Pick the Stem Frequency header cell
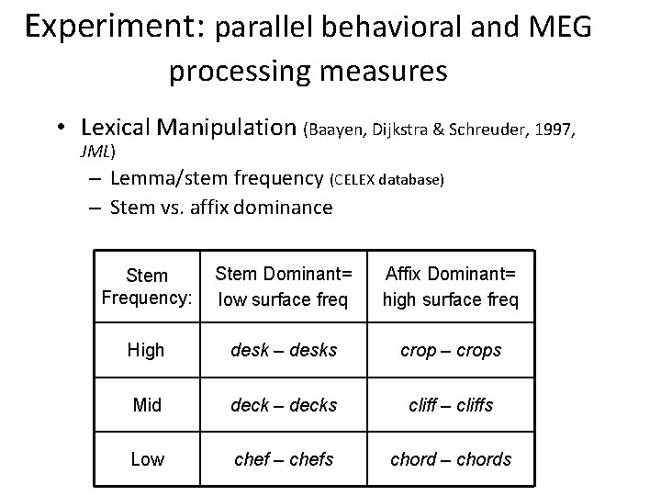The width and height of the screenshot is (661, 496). pos(148,286)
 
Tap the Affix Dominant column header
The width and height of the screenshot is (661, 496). pos(450,286)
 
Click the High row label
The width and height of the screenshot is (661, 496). pos(147,350)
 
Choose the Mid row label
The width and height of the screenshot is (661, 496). pos(147,404)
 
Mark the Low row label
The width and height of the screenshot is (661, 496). pos(147,458)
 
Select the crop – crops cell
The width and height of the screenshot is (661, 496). pos(450,350)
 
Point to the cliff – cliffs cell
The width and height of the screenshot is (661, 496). pos(450,404)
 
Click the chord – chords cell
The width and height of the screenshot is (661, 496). pos(450,458)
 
